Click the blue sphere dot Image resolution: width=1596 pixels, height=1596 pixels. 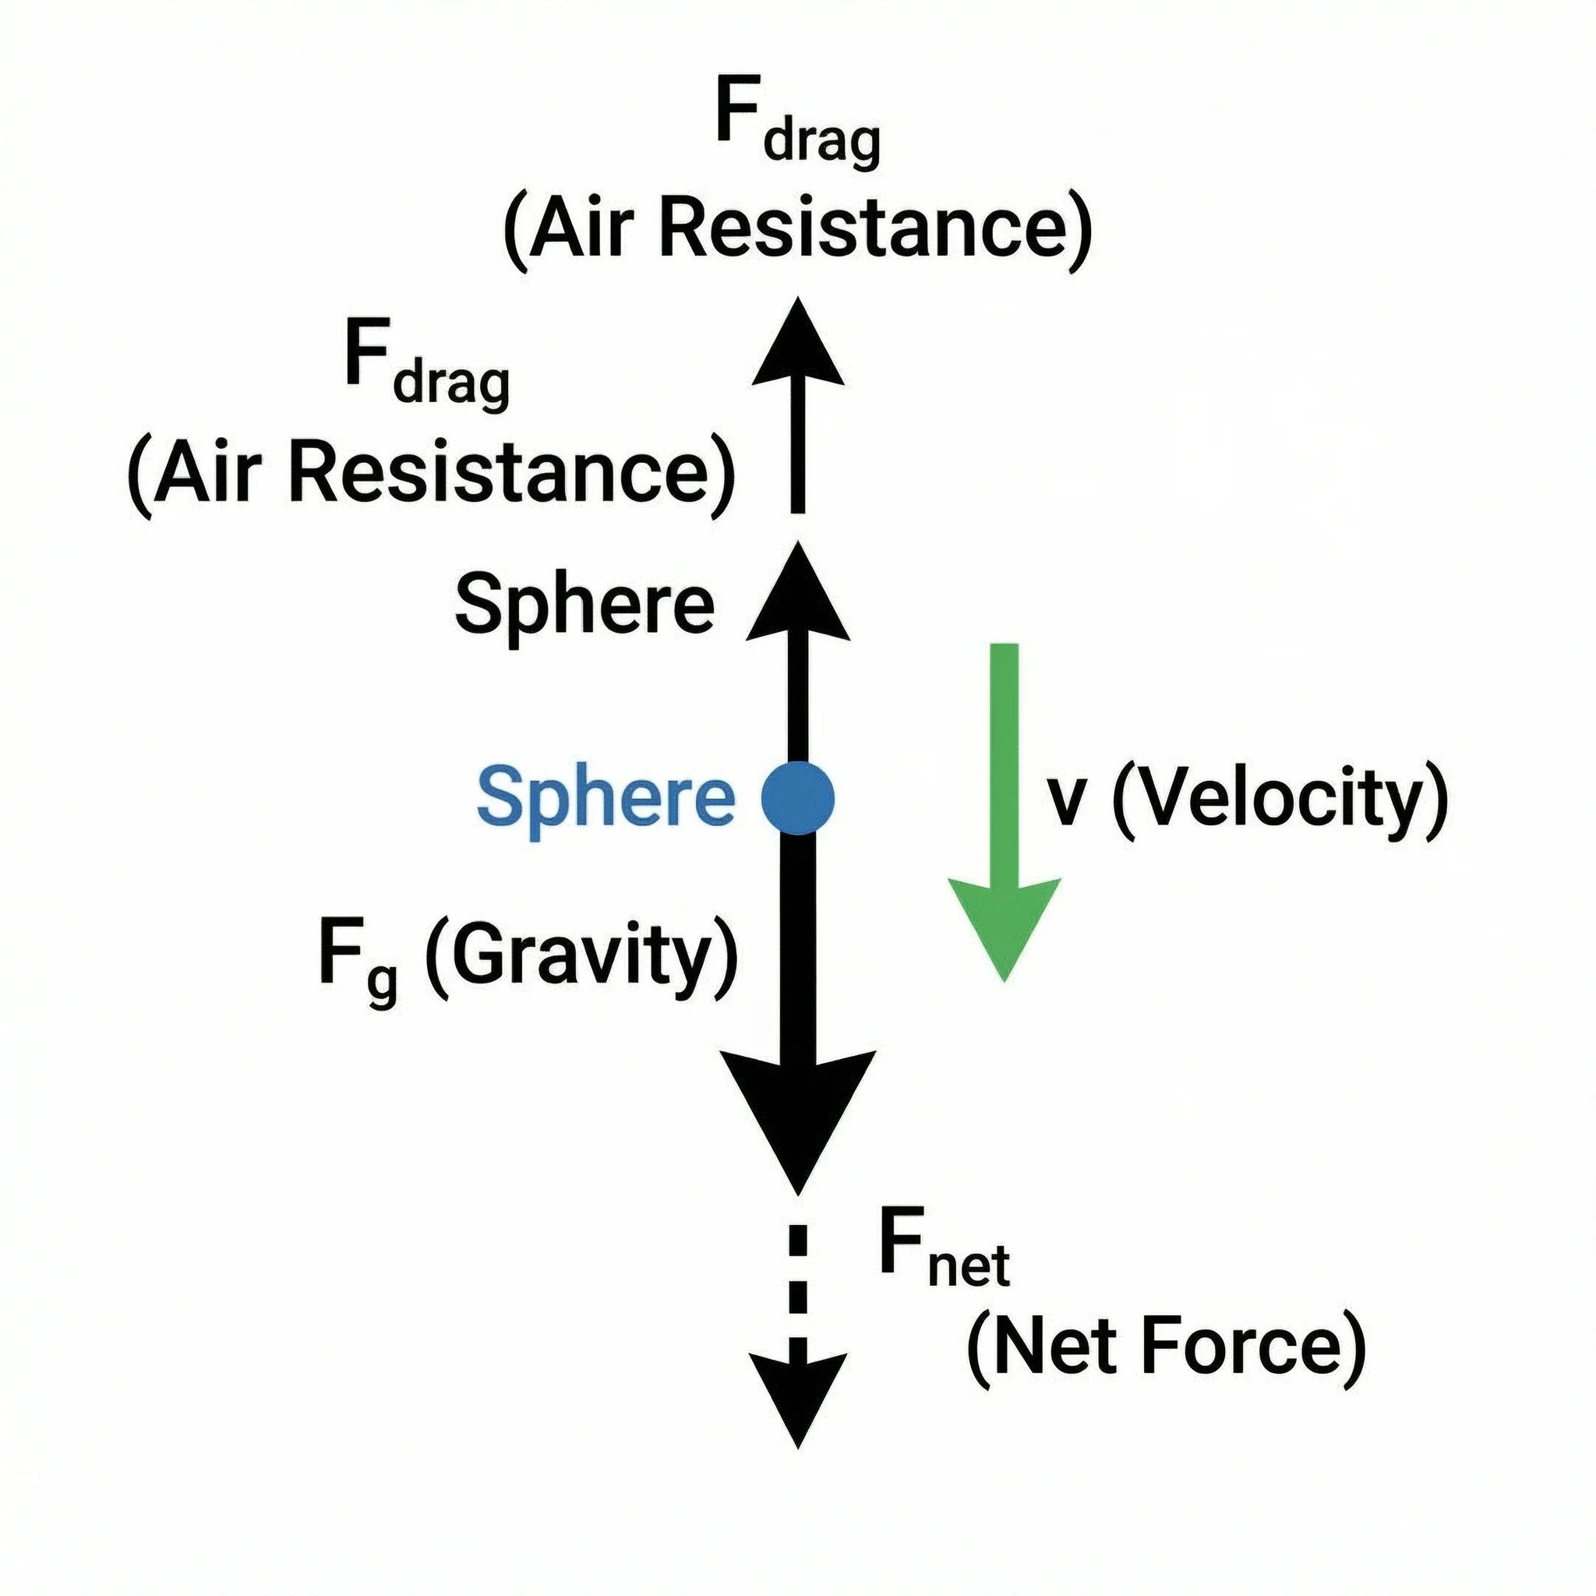pos(797,798)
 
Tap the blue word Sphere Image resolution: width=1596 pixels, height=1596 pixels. pos(605,798)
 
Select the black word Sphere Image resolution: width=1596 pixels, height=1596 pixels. pos(584,606)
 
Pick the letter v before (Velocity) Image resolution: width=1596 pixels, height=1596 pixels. pos(1065,804)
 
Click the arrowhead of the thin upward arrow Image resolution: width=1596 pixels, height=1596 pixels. pos(797,347)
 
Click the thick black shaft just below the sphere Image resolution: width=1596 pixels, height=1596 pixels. pos(797,909)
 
